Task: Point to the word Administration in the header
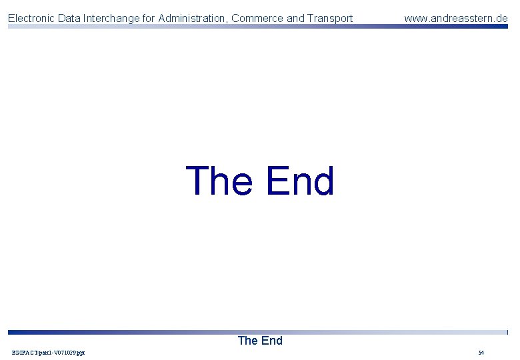click(x=192, y=19)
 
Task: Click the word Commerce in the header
click(x=257, y=19)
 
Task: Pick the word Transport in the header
click(x=330, y=19)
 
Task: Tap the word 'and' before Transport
click(x=295, y=19)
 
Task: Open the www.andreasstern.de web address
click(x=455, y=19)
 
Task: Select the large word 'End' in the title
click(x=299, y=181)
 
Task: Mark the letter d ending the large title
click(x=323, y=181)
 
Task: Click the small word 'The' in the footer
click(x=247, y=341)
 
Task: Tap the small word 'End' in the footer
click(x=271, y=341)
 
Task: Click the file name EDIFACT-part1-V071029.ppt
click(x=49, y=352)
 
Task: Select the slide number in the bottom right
click(x=481, y=352)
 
